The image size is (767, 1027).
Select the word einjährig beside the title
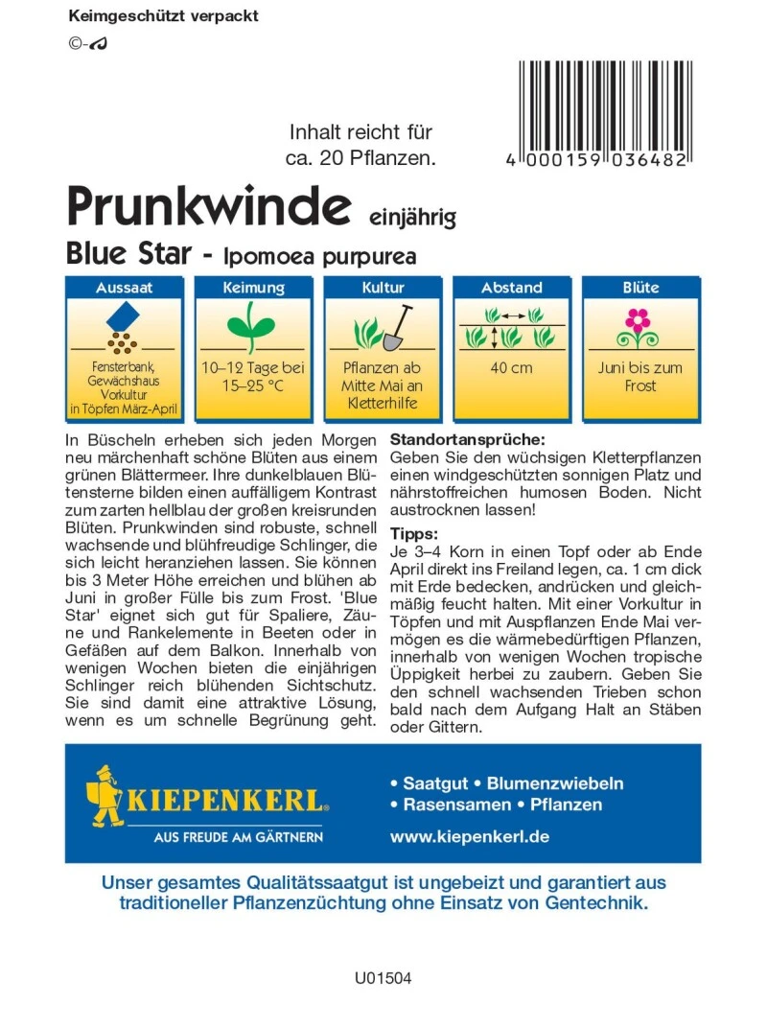coord(413,216)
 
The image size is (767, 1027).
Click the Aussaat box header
coord(125,288)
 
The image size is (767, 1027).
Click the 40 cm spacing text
coord(511,368)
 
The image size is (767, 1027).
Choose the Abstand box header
coord(511,288)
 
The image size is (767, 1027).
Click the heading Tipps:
coord(414,533)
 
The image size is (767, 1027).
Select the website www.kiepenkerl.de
coord(469,836)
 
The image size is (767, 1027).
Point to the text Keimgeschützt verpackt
coord(164,16)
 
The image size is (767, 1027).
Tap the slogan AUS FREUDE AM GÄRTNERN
coord(239,837)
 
